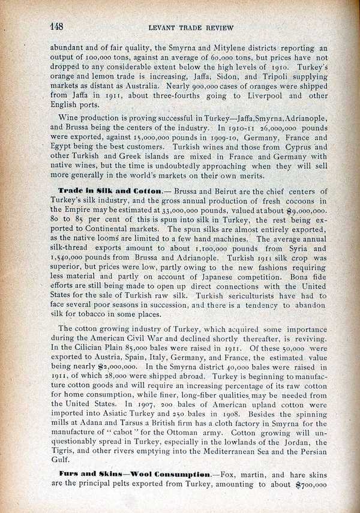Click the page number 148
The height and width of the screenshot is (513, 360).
point(56,26)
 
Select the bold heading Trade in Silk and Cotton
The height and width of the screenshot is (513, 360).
point(109,190)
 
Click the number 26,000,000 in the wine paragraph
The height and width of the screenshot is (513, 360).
point(273,128)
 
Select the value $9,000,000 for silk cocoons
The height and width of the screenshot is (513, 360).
point(307,211)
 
